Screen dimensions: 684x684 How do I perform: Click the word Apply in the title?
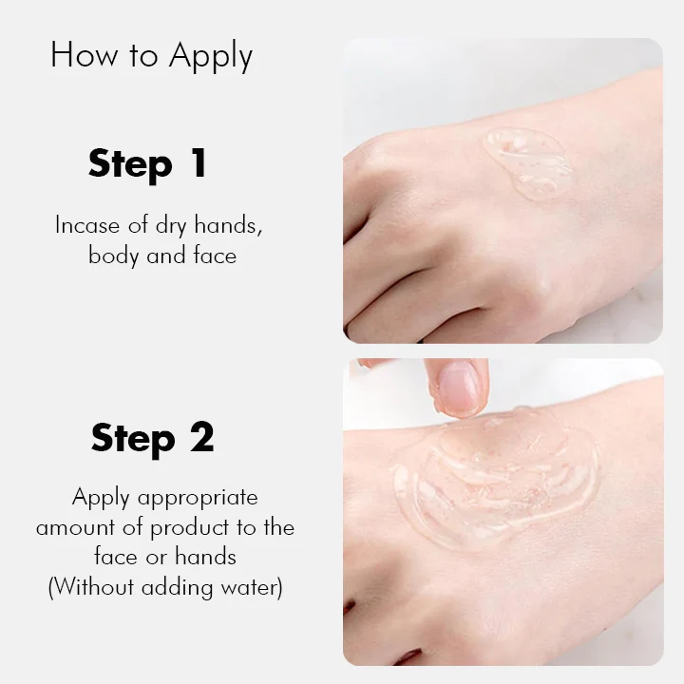click(211, 57)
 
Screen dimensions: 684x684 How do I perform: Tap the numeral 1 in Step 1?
click(198, 163)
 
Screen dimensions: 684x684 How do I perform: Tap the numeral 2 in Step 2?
click(200, 438)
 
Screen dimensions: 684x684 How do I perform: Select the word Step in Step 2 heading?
click(134, 440)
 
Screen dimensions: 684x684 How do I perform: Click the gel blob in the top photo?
click(529, 162)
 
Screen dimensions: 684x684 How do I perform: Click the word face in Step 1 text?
click(211, 256)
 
